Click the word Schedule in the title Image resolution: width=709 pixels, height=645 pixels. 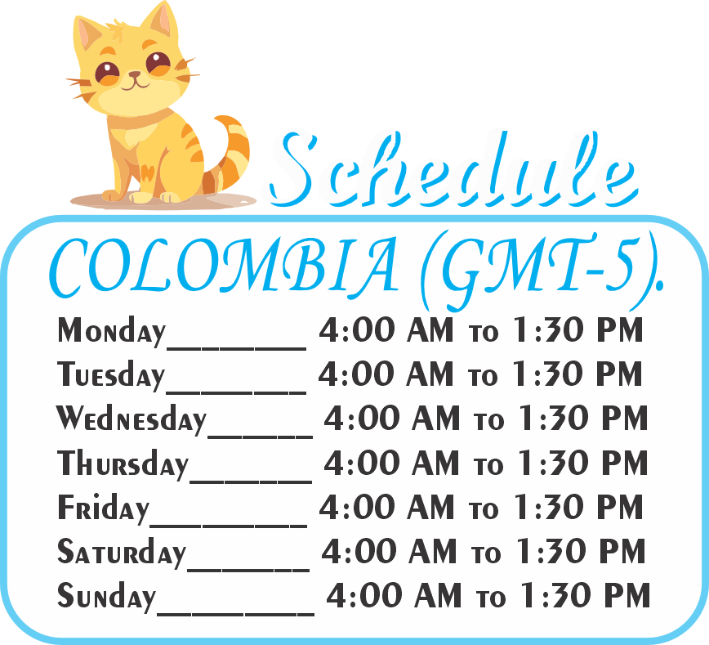click(x=453, y=170)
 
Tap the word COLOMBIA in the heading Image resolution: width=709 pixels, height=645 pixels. click(x=224, y=267)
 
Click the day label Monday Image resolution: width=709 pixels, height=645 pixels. click(x=111, y=331)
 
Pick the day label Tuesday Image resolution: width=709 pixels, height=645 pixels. click(x=111, y=374)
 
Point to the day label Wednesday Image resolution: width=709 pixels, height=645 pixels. click(x=132, y=419)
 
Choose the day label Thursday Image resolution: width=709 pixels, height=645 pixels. click(x=123, y=464)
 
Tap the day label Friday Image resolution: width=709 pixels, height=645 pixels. click(x=103, y=508)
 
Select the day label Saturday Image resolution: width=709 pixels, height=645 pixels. click(x=122, y=552)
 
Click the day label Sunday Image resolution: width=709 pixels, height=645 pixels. click(x=107, y=597)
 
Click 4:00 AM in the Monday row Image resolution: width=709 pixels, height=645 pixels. click(x=386, y=329)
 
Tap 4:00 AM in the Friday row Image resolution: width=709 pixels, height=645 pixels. click(x=386, y=507)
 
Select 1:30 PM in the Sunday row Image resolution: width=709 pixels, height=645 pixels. click(x=586, y=595)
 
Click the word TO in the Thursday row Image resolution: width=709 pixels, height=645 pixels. click(x=488, y=466)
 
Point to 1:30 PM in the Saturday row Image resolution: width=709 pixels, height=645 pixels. click(x=582, y=551)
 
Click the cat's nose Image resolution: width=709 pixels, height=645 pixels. click(x=135, y=74)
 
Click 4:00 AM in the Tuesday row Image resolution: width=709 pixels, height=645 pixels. click(x=386, y=374)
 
